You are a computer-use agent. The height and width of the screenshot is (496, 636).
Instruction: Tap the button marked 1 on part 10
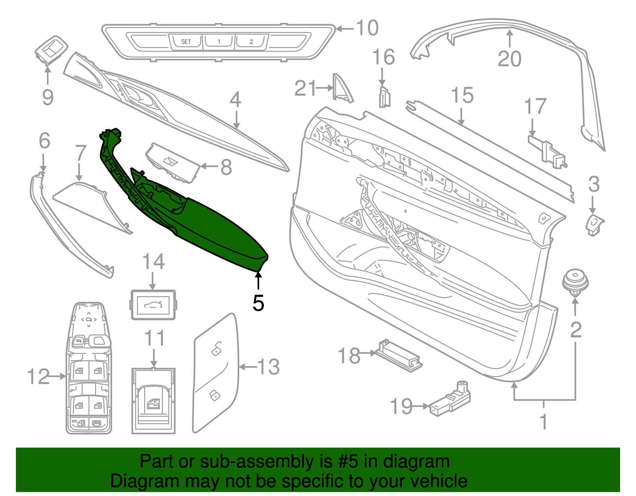[x=219, y=41]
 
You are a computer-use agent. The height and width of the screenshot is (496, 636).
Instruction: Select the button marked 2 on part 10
[x=251, y=41]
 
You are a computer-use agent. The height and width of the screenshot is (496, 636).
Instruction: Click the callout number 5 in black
[x=258, y=303]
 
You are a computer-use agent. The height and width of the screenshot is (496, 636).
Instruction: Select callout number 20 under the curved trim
[x=510, y=59]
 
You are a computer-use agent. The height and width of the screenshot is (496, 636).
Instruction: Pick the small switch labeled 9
[x=51, y=50]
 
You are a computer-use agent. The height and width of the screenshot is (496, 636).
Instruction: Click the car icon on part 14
[x=153, y=305]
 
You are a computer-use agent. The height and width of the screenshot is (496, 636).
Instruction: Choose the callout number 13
[x=268, y=367]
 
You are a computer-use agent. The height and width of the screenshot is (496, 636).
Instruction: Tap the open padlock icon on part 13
[x=217, y=348]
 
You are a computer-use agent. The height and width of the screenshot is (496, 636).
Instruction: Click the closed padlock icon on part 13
[x=215, y=396]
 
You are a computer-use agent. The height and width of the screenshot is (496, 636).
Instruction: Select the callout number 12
[x=38, y=376]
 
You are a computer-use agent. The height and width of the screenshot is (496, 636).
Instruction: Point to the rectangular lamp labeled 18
[x=399, y=355]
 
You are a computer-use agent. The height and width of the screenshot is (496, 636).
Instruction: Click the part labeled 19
[x=450, y=399]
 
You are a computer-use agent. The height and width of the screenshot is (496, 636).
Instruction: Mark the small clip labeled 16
[x=385, y=97]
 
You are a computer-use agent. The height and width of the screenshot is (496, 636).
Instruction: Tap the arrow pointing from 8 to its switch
[x=209, y=166]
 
